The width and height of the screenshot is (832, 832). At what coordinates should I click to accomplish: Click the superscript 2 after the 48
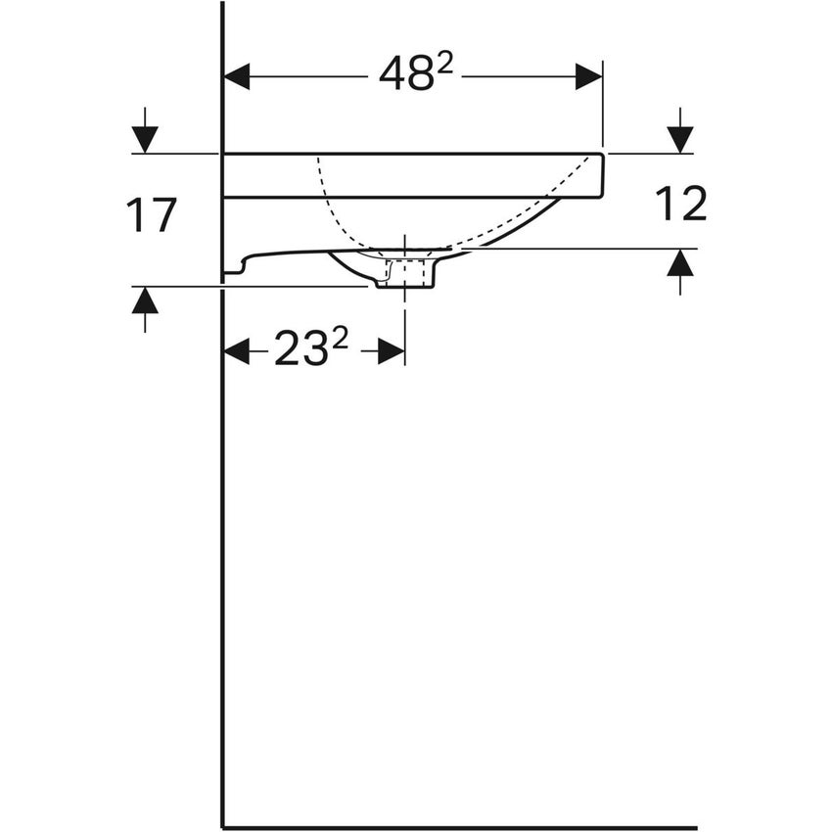(x=445, y=64)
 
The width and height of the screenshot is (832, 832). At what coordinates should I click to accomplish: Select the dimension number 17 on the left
(x=151, y=215)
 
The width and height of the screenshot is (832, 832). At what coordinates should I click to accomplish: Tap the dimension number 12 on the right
(x=679, y=205)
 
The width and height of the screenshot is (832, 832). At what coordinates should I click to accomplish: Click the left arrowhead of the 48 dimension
(x=238, y=75)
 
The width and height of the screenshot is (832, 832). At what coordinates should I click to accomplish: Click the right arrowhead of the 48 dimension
(x=588, y=75)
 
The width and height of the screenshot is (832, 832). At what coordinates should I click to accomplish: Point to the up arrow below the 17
(x=145, y=301)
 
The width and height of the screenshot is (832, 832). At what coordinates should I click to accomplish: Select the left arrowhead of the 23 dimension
(x=238, y=350)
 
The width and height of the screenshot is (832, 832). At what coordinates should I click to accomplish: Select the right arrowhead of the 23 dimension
(x=391, y=350)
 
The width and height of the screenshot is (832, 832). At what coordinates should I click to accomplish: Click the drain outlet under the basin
(x=403, y=280)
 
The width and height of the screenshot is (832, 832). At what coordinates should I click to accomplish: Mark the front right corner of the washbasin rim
(x=601, y=156)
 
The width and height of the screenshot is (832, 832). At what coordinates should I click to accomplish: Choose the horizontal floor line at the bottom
(x=460, y=827)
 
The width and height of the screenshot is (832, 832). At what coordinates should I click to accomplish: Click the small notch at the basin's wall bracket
(x=236, y=269)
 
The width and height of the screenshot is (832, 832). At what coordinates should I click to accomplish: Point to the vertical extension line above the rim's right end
(x=602, y=108)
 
